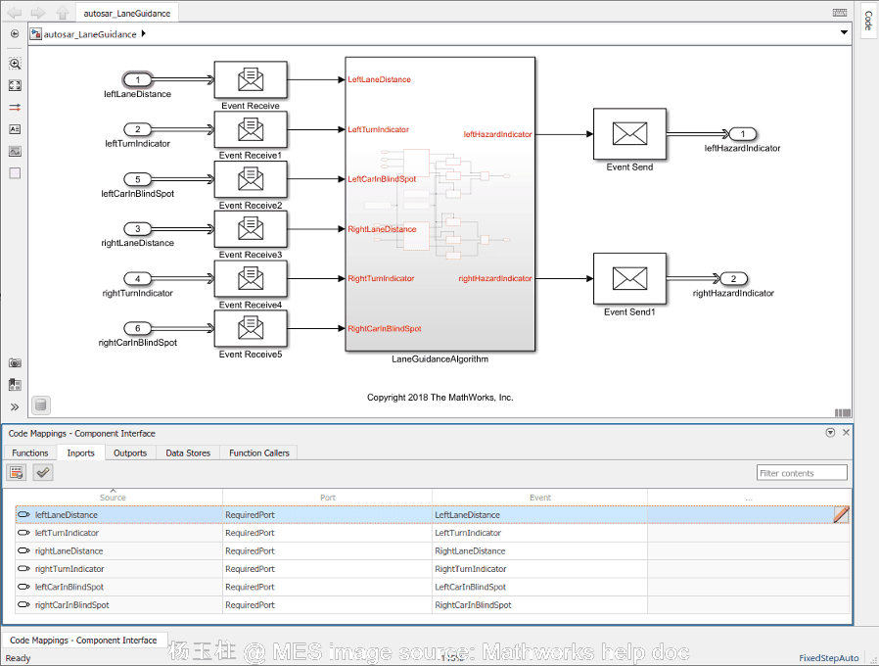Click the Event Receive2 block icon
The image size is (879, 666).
pos(251,179)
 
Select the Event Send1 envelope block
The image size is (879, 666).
pos(629,279)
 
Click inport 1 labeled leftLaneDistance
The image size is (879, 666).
pos(138,80)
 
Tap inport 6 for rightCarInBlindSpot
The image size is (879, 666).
pos(138,329)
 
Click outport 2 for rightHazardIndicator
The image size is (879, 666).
pos(734,279)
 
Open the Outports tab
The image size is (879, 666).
pos(130,452)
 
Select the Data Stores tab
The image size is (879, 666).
pos(188,452)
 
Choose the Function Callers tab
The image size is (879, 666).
pos(258,452)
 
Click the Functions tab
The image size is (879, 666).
pos(29,452)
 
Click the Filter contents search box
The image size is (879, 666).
pos(801,473)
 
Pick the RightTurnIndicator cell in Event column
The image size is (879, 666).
pos(471,569)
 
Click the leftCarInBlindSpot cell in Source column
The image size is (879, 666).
pos(69,587)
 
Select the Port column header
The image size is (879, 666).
pos(328,498)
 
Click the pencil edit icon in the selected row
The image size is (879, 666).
pos(841,515)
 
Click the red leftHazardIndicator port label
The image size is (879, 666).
pos(497,134)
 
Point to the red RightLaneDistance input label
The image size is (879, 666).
pos(382,229)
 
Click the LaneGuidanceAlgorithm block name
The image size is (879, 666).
pos(439,359)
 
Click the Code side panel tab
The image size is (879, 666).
pos(867,21)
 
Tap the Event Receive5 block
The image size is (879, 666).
pos(251,329)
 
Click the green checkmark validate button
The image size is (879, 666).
pos(42,473)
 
